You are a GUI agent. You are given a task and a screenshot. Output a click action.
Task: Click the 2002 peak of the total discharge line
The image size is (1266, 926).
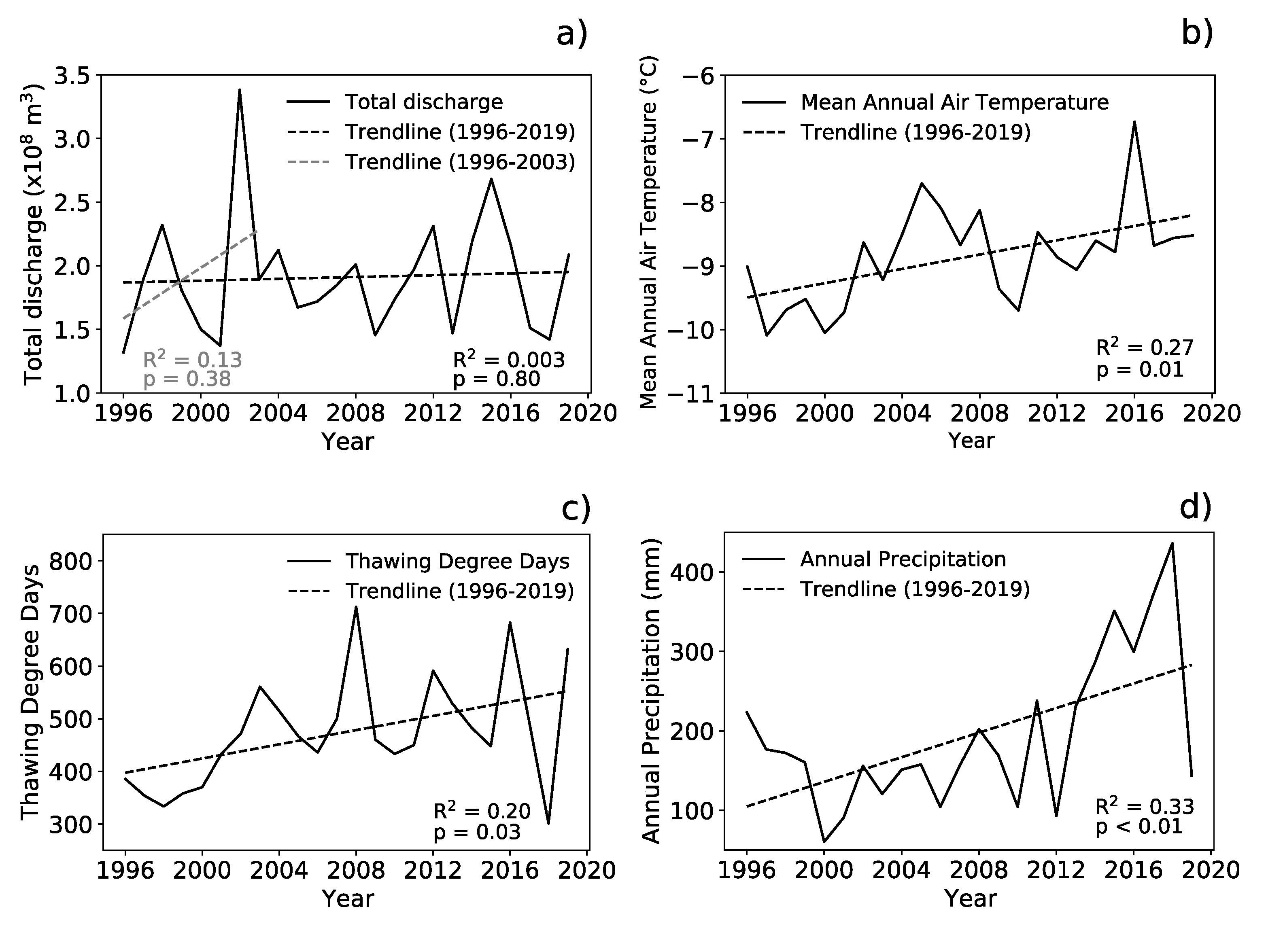click(x=240, y=90)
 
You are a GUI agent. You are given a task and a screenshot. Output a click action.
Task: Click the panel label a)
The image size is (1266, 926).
click(x=572, y=35)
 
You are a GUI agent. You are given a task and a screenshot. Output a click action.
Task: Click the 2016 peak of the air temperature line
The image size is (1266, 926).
click(x=1134, y=122)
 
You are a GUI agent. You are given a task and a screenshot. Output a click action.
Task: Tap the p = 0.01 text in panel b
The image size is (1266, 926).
click(x=1140, y=370)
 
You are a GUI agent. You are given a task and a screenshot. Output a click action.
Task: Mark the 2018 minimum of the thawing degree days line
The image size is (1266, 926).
click(x=548, y=823)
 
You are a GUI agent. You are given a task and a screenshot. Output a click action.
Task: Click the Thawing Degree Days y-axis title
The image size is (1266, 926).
click(x=31, y=692)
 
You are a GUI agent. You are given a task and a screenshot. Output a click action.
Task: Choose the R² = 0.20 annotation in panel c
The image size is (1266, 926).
click(x=482, y=811)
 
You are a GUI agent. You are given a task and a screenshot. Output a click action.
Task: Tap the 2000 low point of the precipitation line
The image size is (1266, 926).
click(x=824, y=841)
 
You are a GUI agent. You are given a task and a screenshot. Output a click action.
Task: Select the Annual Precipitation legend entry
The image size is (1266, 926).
click(x=903, y=559)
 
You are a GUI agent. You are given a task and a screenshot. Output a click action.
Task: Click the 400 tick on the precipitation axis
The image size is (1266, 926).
click(x=694, y=572)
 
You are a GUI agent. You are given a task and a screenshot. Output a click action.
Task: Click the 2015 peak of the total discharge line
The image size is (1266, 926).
click(x=491, y=179)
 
